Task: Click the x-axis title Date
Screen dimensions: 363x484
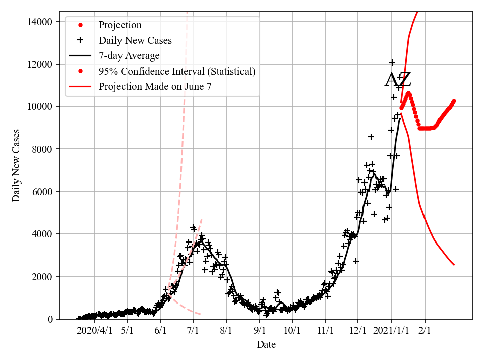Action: pos(266,345)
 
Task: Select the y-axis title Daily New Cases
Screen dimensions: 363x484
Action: pos(17,165)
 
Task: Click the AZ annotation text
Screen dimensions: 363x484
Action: pos(398,80)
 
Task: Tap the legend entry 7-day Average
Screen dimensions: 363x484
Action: pos(129,56)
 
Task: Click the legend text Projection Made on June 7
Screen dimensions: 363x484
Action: pos(155,86)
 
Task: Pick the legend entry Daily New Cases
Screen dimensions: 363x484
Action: pos(135,41)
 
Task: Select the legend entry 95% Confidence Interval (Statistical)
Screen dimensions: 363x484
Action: pos(177,71)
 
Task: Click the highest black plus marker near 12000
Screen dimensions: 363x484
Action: pos(392,63)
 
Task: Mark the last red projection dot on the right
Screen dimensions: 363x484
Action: pos(454,101)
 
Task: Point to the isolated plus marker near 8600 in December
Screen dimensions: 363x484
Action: pos(371,137)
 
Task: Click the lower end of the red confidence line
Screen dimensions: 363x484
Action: pos(454,265)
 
